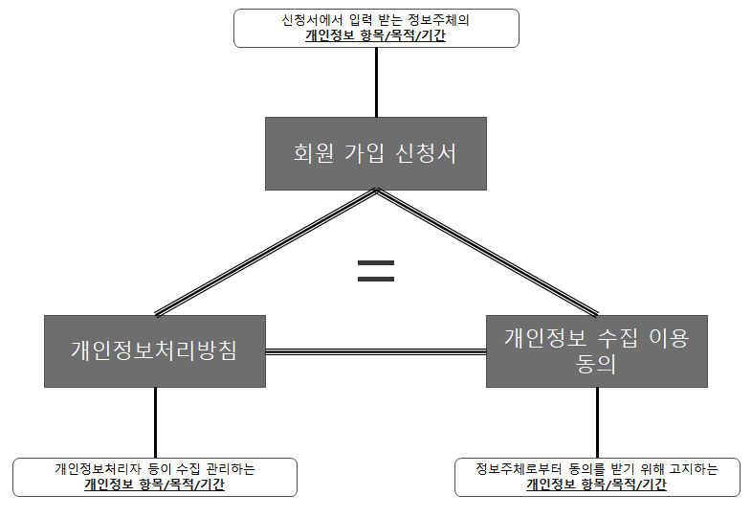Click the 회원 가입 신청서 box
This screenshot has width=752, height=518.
[375, 153]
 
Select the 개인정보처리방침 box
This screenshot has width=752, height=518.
[154, 350]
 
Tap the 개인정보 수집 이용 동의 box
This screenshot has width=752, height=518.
[596, 350]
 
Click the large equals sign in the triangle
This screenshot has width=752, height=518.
[376, 270]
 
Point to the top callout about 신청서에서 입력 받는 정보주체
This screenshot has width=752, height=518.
[376, 28]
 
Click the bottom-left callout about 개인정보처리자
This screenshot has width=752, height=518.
[154, 477]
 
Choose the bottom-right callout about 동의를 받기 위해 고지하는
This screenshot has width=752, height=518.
[596, 477]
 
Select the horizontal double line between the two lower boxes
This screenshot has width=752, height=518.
[375, 351]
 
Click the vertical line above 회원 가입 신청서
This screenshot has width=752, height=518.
[376, 82]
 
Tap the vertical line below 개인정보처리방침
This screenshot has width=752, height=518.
[154, 422]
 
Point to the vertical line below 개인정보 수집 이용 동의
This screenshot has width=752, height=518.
[597, 422]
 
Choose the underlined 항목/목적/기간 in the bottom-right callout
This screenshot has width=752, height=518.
[625, 485]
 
